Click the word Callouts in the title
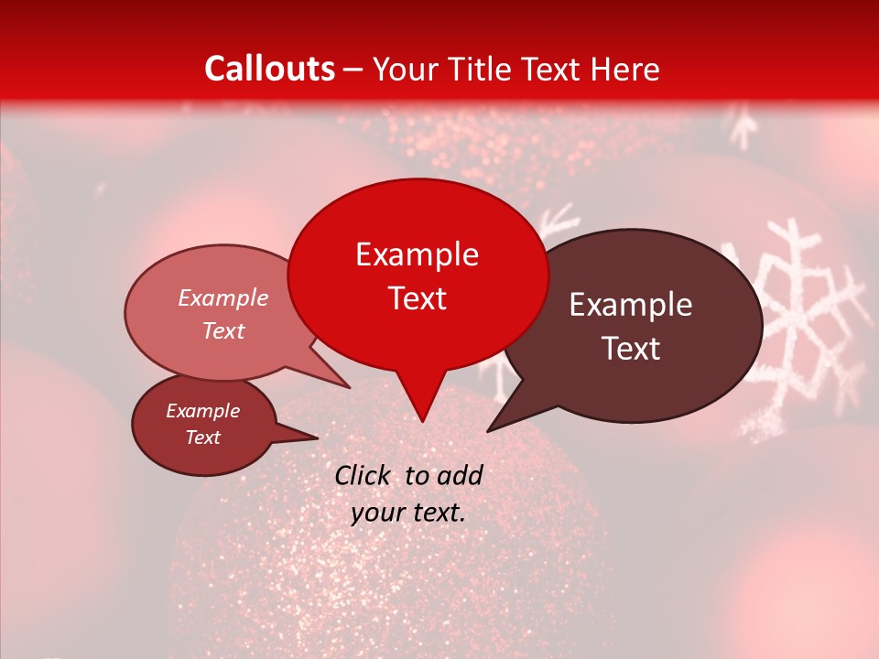(x=269, y=69)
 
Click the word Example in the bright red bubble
(x=417, y=254)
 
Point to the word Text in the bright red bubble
(x=417, y=298)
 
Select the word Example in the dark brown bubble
(x=631, y=305)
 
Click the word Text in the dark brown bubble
(x=631, y=349)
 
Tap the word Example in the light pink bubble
(x=222, y=297)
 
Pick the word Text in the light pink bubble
(x=222, y=330)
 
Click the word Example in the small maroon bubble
(x=202, y=411)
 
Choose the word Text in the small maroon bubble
(x=202, y=438)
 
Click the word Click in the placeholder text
(x=362, y=475)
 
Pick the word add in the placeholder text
(x=460, y=475)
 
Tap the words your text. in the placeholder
(x=408, y=513)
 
